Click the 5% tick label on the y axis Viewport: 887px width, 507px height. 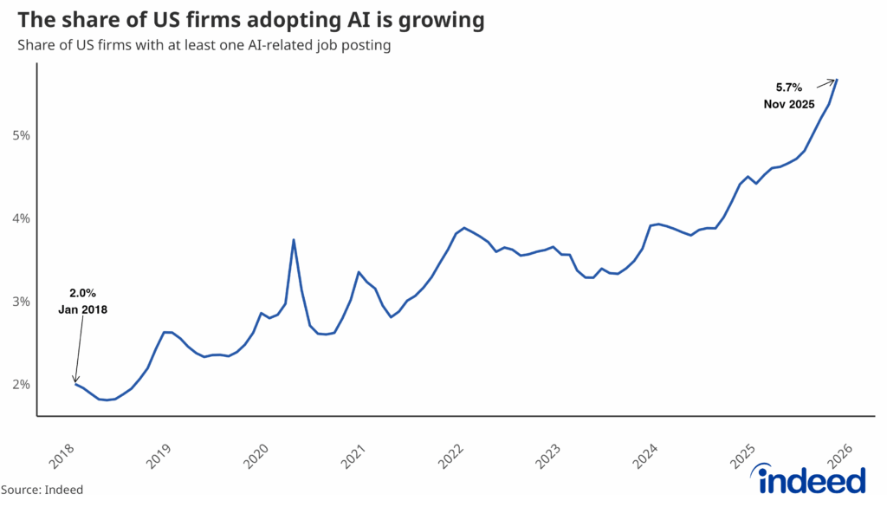pos(21,135)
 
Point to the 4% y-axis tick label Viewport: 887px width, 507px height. pos(21,218)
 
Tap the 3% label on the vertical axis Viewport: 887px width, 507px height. pos(21,302)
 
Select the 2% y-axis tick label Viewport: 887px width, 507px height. pos(21,385)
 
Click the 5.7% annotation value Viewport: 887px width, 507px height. pos(789,87)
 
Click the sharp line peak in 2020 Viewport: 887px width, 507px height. pos(294,240)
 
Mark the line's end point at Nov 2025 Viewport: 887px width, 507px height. pos(838,80)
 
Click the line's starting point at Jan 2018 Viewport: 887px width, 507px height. pos(76,384)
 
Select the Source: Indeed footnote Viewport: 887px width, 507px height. pos(42,490)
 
